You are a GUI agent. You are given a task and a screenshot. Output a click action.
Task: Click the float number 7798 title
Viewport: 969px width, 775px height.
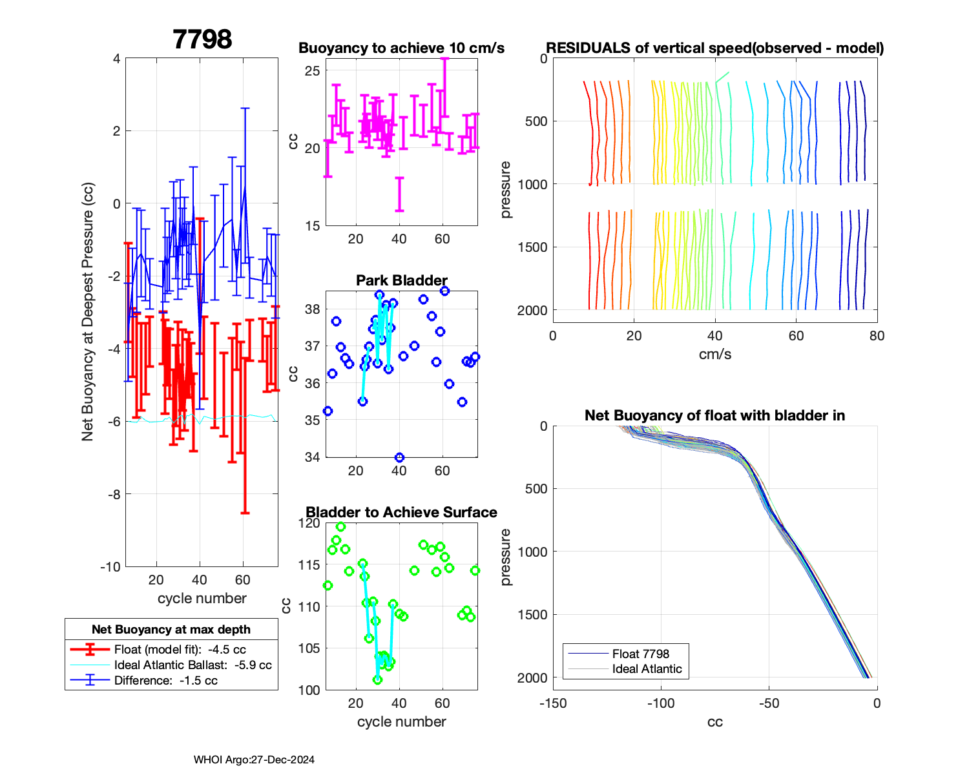pyautogui.click(x=202, y=39)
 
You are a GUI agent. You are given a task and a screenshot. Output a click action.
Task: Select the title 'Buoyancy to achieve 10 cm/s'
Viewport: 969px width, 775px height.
pyautogui.click(x=401, y=48)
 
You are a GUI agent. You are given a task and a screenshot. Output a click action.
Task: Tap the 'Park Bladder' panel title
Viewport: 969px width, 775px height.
pyautogui.click(x=401, y=280)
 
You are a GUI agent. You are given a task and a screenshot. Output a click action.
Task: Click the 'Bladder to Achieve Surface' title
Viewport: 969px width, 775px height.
pyautogui.click(x=401, y=512)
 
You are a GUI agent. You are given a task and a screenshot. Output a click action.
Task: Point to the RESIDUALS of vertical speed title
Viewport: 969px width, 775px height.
pyautogui.click(x=714, y=48)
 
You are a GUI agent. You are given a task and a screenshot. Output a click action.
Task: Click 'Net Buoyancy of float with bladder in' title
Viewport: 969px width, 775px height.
pyautogui.click(x=714, y=415)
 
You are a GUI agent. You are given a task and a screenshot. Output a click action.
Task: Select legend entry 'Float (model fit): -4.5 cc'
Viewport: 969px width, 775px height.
pyautogui.click(x=180, y=650)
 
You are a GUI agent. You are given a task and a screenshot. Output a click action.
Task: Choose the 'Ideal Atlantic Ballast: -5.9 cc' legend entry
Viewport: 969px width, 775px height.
pyautogui.click(x=193, y=665)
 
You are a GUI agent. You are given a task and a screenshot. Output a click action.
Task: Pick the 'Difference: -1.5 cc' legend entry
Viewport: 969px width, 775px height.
pyautogui.click(x=165, y=681)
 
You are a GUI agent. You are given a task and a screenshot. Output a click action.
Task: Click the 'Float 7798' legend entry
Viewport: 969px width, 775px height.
pyautogui.click(x=640, y=654)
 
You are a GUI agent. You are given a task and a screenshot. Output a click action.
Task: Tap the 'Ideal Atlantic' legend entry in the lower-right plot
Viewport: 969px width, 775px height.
pyautogui.click(x=647, y=669)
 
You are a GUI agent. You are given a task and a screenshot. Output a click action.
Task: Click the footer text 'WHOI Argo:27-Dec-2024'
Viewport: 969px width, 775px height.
pyautogui.click(x=254, y=759)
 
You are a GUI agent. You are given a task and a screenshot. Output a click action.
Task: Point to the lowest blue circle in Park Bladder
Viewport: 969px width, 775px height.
pyautogui.click(x=399, y=457)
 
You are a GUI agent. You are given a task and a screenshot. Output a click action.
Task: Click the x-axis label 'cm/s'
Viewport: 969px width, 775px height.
pyautogui.click(x=714, y=355)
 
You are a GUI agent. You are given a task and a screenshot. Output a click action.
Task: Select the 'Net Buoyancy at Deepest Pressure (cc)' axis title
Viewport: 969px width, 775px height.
pyautogui.click(x=88, y=312)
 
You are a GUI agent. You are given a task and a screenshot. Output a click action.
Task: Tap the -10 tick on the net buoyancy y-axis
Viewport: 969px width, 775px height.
pyautogui.click(x=110, y=567)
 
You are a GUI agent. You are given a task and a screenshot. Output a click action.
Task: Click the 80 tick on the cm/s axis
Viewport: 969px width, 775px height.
pyautogui.click(x=877, y=336)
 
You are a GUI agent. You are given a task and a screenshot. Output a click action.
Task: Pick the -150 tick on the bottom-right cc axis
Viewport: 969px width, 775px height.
pyautogui.click(x=553, y=703)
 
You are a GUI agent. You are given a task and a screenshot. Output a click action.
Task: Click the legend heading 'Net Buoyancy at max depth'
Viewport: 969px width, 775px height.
pyautogui.click(x=171, y=630)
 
